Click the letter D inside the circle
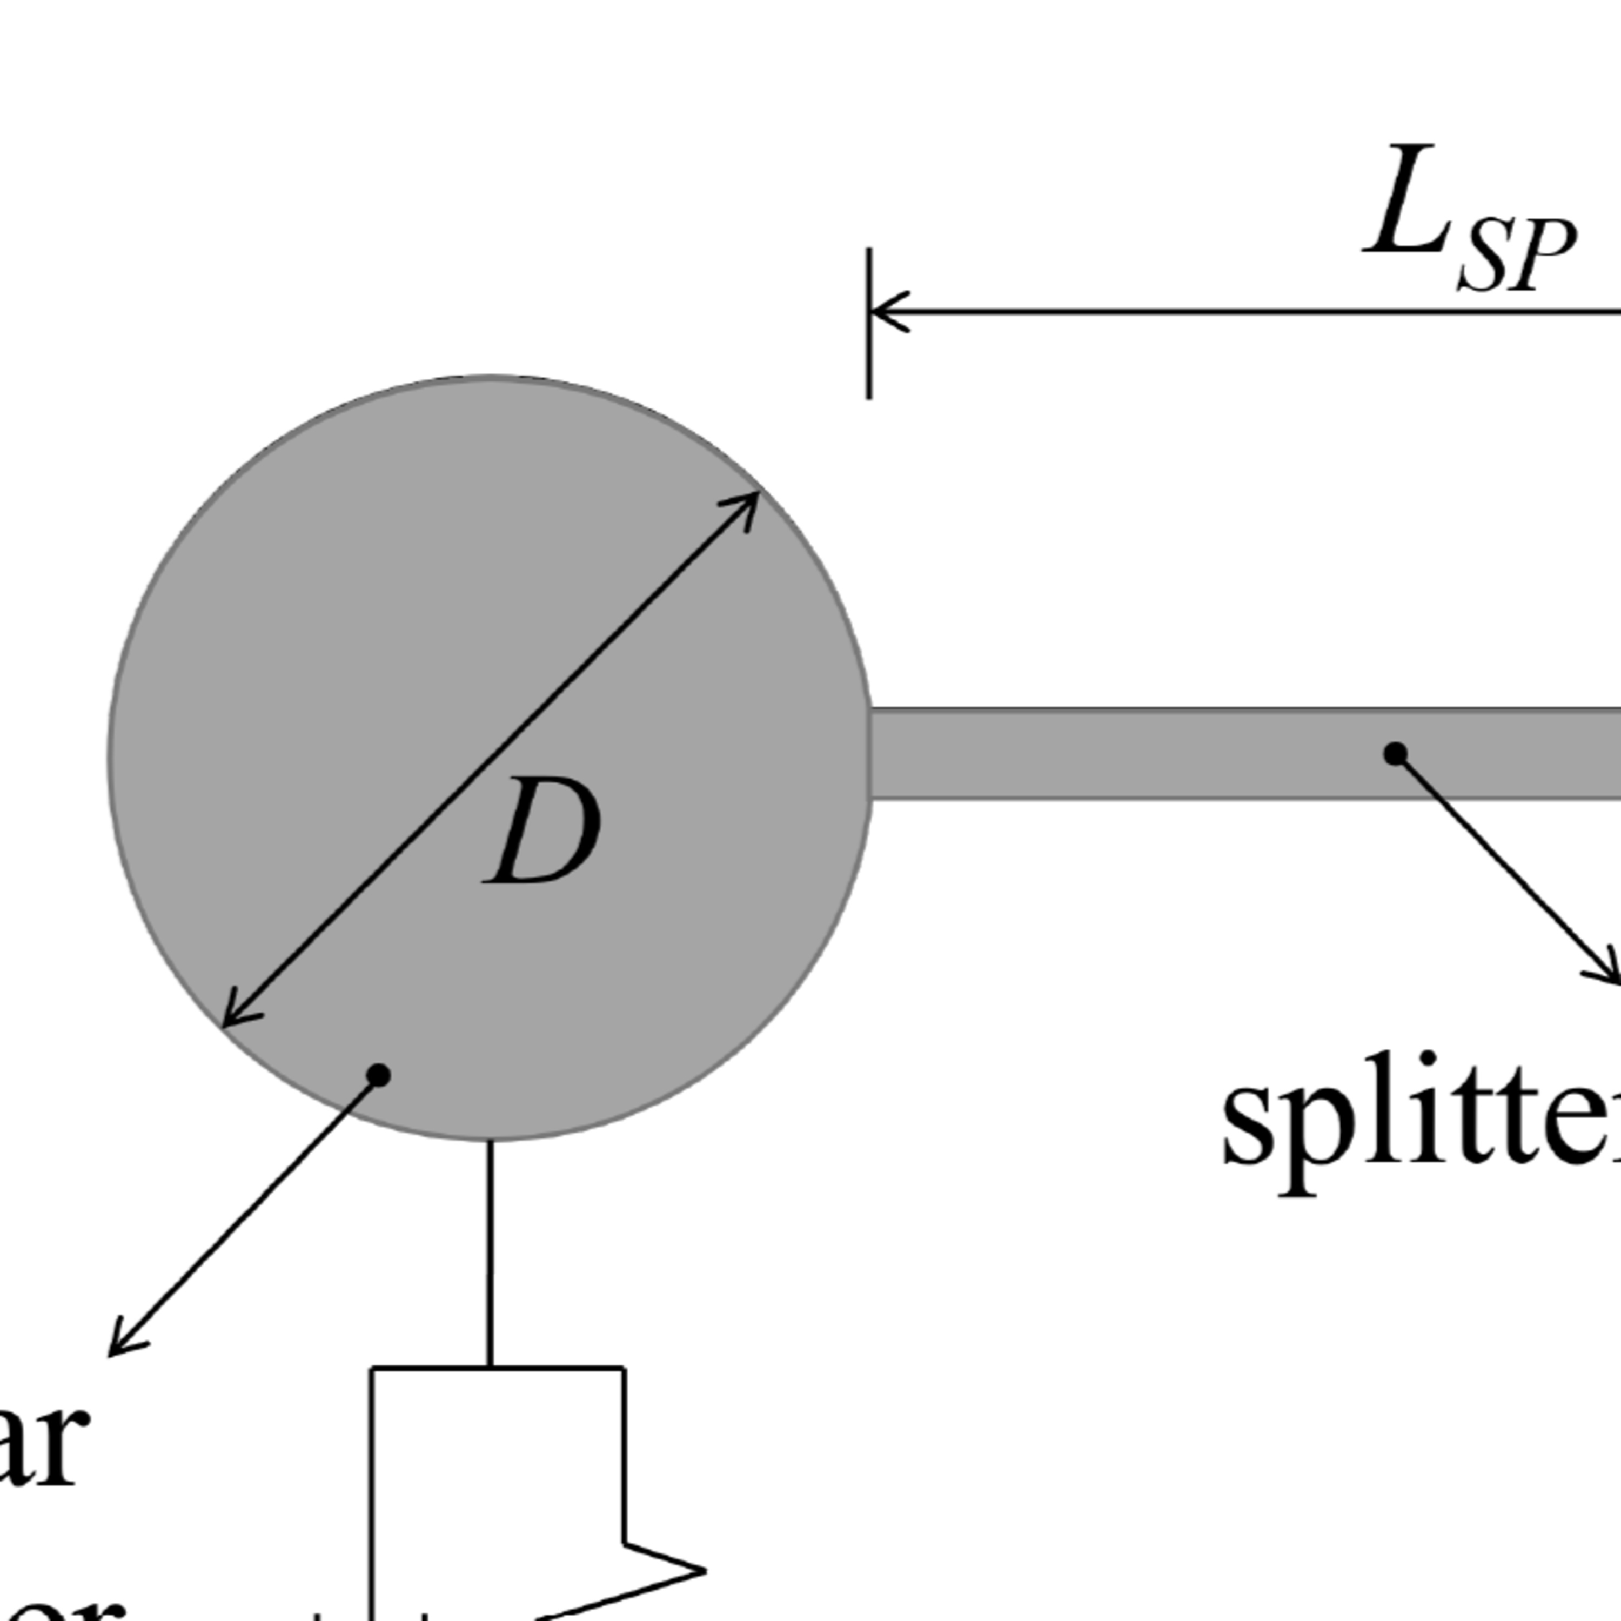[x=544, y=830]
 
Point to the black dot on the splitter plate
[x=1395, y=753]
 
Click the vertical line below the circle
[x=490, y=1250]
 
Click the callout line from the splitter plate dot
[x=1502, y=864]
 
